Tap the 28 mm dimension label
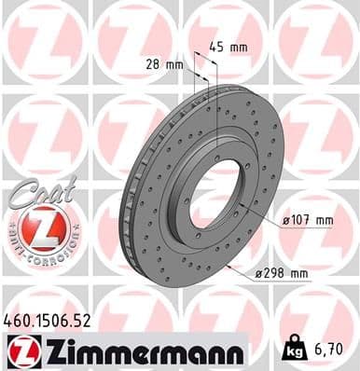click(165, 63)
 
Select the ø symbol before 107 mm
click(285, 220)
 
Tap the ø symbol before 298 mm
click(258, 273)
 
